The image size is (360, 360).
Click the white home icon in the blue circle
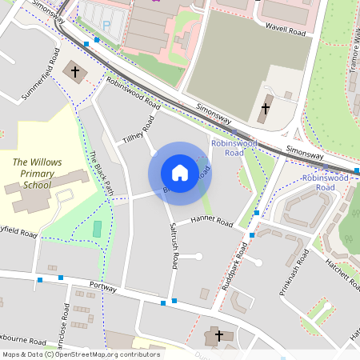click(180, 173)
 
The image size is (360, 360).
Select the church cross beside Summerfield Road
click(76, 72)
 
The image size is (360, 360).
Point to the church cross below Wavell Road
click(266, 109)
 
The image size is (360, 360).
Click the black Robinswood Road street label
click(133, 94)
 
